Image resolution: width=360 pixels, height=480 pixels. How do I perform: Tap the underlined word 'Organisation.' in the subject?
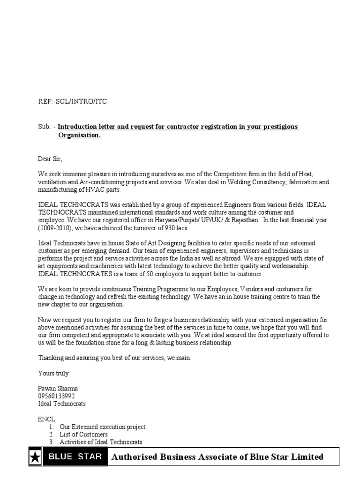(x=79, y=135)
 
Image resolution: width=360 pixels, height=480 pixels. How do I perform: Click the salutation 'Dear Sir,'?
(x=50, y=158)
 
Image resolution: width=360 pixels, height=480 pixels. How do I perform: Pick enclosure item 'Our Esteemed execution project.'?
(x=103, y=427)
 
